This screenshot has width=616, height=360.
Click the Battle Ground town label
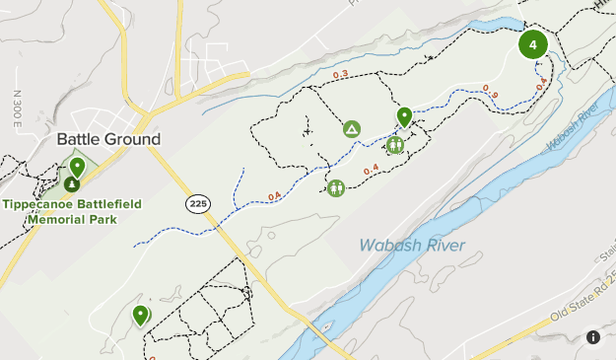click(x=108, y=139)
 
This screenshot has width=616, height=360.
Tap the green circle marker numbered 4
click(x=533, y=45)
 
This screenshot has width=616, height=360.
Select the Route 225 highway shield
click(x=197, y=203)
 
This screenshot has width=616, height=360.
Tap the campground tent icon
click(x=351, y=129)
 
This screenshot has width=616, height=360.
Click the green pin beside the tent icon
click(x=404, y=117)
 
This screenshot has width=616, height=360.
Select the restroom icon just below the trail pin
click(x=395, y=146)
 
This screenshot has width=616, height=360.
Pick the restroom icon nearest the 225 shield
click(x=336, y=187)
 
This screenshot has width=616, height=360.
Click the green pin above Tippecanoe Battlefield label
click(x=77, y=167)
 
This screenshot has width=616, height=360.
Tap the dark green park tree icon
click(x=72, y=183)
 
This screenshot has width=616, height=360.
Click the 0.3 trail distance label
click(x=341, y=74)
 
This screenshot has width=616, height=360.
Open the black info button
click(x=593, y=337)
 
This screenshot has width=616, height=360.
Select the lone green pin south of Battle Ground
click(x=141, y=315)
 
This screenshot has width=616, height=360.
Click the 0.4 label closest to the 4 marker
click(x=541, y=85)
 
